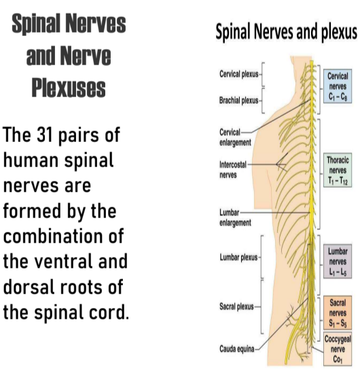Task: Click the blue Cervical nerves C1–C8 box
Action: [338, 86]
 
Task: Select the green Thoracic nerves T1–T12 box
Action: [338, 170]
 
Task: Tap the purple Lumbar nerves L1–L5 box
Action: [338, 261]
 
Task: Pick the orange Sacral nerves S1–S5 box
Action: [338, 313]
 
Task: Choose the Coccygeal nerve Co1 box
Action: [338, 349]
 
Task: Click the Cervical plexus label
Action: [239, 74]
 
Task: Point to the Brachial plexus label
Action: [238, 101]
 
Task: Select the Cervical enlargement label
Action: [235, 137]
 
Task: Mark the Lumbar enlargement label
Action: [235, 217]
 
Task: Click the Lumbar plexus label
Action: [238, 258]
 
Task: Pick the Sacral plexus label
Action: [236, 306]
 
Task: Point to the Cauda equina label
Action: [237, 349]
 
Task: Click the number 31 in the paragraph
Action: [45, 135]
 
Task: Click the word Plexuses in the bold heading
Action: [69, 88]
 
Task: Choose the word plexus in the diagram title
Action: [339, 32]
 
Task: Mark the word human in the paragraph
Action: [31, 160]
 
